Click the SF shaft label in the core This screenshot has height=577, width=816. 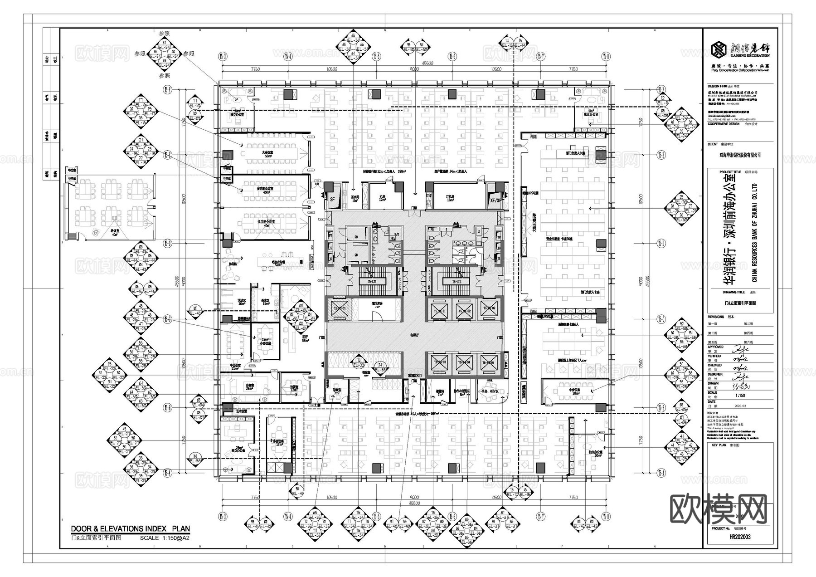point(332,199)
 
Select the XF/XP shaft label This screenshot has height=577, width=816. point(496,199)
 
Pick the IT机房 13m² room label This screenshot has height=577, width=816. point(451,198)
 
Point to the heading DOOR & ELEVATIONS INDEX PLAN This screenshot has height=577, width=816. point(131,528)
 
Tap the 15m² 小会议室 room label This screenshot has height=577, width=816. point(266,341)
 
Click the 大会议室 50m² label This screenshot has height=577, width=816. point(267,154)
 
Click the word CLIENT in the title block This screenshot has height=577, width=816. point(713,144)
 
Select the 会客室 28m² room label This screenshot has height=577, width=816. point(249,386)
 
